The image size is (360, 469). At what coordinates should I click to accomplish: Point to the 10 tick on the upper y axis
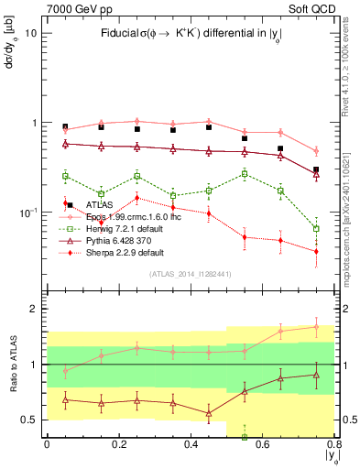coord(30,33)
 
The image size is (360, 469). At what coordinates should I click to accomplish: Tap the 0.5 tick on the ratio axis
coord(30,420)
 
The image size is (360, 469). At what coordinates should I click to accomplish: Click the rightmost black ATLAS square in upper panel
coord(316,169)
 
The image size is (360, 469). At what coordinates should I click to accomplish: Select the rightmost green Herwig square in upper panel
coord(316,228)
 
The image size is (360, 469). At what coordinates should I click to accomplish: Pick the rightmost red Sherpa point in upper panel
coord(316,251)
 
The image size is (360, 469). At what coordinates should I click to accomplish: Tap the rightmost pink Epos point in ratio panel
coord(316,326)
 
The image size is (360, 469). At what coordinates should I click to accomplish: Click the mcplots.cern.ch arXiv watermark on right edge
coord(352,183)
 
